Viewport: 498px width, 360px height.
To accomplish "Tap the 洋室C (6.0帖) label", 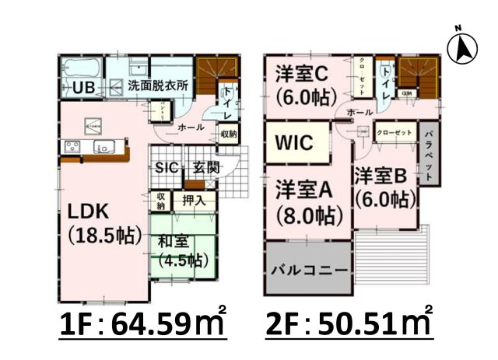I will coord(304,86).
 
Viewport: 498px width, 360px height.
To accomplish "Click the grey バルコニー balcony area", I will coord(309,272).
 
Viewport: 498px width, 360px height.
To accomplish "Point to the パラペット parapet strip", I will coord(430,152).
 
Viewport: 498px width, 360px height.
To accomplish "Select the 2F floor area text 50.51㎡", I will coord(349,323).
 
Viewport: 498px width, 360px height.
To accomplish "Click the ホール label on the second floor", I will coord(359,113).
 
